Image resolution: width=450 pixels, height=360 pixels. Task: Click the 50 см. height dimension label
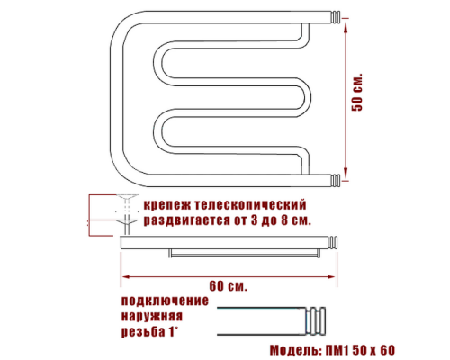(x=357, y=92)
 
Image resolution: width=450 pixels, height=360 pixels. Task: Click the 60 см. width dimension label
(x=228, y=285)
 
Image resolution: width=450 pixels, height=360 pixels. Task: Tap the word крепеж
(x=167, y=205)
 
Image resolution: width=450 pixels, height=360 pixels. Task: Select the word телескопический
(x=250, y=205)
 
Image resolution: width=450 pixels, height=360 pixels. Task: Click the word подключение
(x=165, y=301)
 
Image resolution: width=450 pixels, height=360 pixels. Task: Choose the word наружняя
(x=152, y=317)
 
